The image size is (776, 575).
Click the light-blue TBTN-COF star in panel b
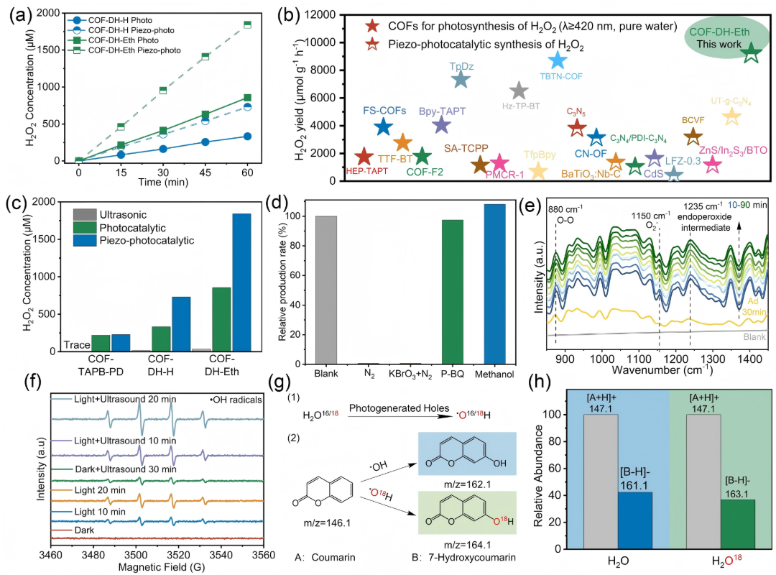(558, 60)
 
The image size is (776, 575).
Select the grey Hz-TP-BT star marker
(519, 91)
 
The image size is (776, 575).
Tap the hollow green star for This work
(751, 52)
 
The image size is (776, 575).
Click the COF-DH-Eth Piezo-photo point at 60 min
(247, 24)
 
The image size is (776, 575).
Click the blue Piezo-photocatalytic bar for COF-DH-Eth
(241, 282)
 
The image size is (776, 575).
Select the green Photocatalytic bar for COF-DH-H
(161, 339)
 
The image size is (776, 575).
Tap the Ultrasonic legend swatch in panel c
(85, 214)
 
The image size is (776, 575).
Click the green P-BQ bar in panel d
(453, 292)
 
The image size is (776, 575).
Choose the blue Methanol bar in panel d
(494, 285)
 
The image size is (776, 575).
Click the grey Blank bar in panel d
(325, 290)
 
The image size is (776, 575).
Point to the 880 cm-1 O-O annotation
(565, 214)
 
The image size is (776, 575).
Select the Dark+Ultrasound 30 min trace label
(125, 469)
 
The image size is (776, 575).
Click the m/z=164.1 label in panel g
(467, 545)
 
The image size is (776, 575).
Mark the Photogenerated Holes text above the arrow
(399, 408)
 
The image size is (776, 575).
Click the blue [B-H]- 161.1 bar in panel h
(635, 520)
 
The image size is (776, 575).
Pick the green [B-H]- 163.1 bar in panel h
(738, 524)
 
